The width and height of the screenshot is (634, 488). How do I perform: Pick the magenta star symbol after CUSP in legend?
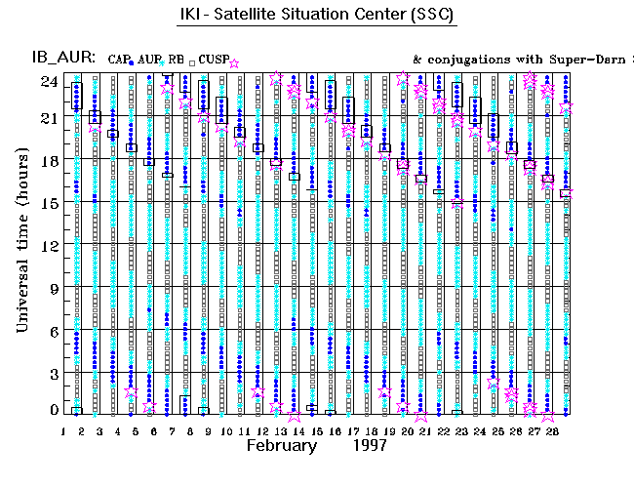coord(234,62)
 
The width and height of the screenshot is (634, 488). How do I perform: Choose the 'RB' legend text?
coord(177,60)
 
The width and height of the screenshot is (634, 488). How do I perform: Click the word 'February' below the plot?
coord(281,446)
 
